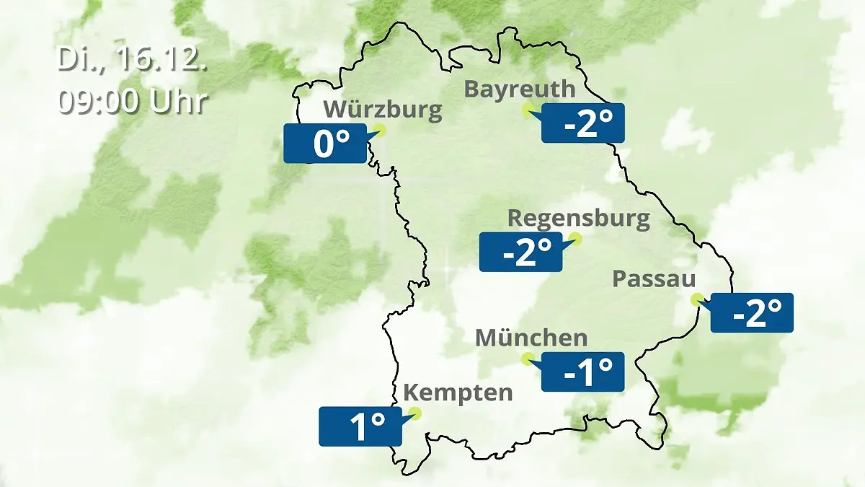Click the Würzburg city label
[x=382, y=110]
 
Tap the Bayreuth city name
[x=520, y=89]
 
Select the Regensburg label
[x=579, y=218]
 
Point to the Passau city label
[x=655, y=279]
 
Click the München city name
[x=531, y=338]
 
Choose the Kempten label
[x=458, y=393]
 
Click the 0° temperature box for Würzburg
[x=325, y=144]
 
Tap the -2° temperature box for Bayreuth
[x=582, y=123]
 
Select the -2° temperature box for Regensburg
[x=520, y=253]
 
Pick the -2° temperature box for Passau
[x=752, y=313]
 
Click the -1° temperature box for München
[x=582, y=372]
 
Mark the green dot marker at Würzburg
[x=381, y=130]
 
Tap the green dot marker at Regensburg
[x=575, y=238]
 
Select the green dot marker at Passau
[x=696, y=299]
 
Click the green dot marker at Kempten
[x=414, y=413]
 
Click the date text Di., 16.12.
[x=133, y=60]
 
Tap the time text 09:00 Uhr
[x=133, y=101]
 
